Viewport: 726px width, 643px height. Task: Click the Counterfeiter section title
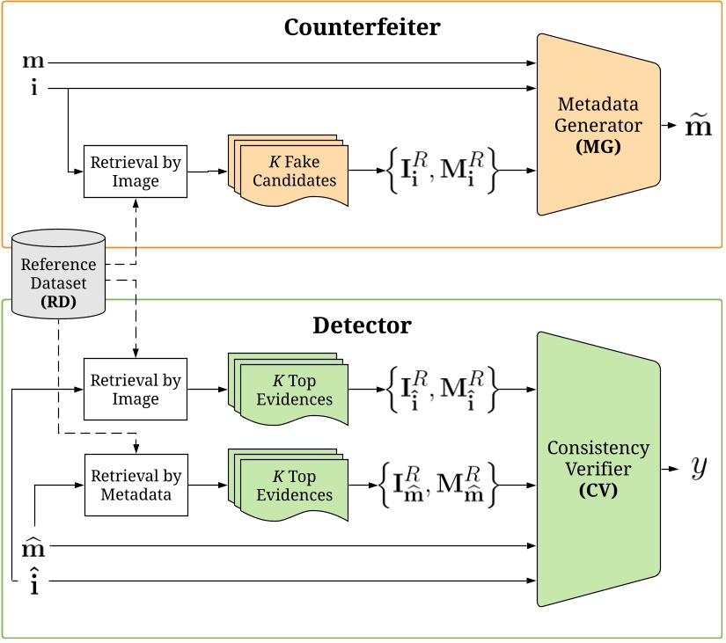(362, 26)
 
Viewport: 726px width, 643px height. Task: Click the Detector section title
(362, 325)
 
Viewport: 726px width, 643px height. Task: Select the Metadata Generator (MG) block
(598, 126)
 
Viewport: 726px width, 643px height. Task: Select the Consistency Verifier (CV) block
(598, 470)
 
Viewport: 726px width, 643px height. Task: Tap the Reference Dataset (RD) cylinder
(59, 274)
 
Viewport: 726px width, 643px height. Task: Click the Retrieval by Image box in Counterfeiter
(136, 171)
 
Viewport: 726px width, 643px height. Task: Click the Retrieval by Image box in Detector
(136, 390)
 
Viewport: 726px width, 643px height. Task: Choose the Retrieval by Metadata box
(136, 485)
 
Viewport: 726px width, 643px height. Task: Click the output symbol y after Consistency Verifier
(699, 468)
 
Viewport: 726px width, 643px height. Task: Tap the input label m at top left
(33, 62)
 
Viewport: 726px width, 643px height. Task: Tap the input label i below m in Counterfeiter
(33, 88)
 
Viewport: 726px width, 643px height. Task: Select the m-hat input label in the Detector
(33, 548)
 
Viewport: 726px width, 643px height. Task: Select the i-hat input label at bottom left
(33, 581)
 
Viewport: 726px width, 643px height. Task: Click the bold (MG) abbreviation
(598, 147)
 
